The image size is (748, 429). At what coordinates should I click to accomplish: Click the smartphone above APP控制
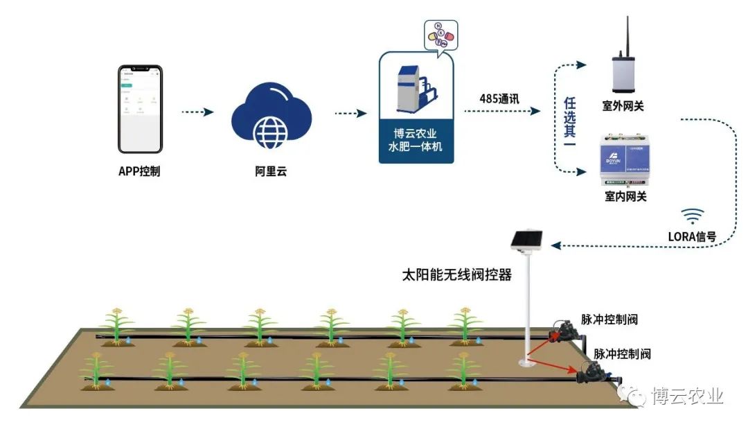pyautogui.click(x=140, y=109)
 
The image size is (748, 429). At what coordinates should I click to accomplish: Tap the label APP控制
pyautogui.click(x=139, y=171)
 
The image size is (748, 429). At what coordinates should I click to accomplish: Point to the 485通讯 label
pyautogui.click(x=499, y=98)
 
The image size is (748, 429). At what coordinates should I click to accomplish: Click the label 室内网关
pyautogui.click(x=625, y=197)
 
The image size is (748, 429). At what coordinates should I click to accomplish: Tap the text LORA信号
pyautogui.click(x=695, y=235)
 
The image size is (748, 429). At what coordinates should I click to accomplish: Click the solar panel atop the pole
pyautogui.click(x=528, y=240)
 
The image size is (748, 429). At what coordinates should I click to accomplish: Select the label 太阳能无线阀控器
pyautogui.click(x=457, y=275)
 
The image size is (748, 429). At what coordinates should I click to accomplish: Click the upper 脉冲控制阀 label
pyautogui.click(x=609, y=319)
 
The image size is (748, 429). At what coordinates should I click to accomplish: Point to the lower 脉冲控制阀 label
pyautogui.click(x=622, y=354)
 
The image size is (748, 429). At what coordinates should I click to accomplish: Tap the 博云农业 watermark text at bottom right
pyautogui.click(x=687, y=396)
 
